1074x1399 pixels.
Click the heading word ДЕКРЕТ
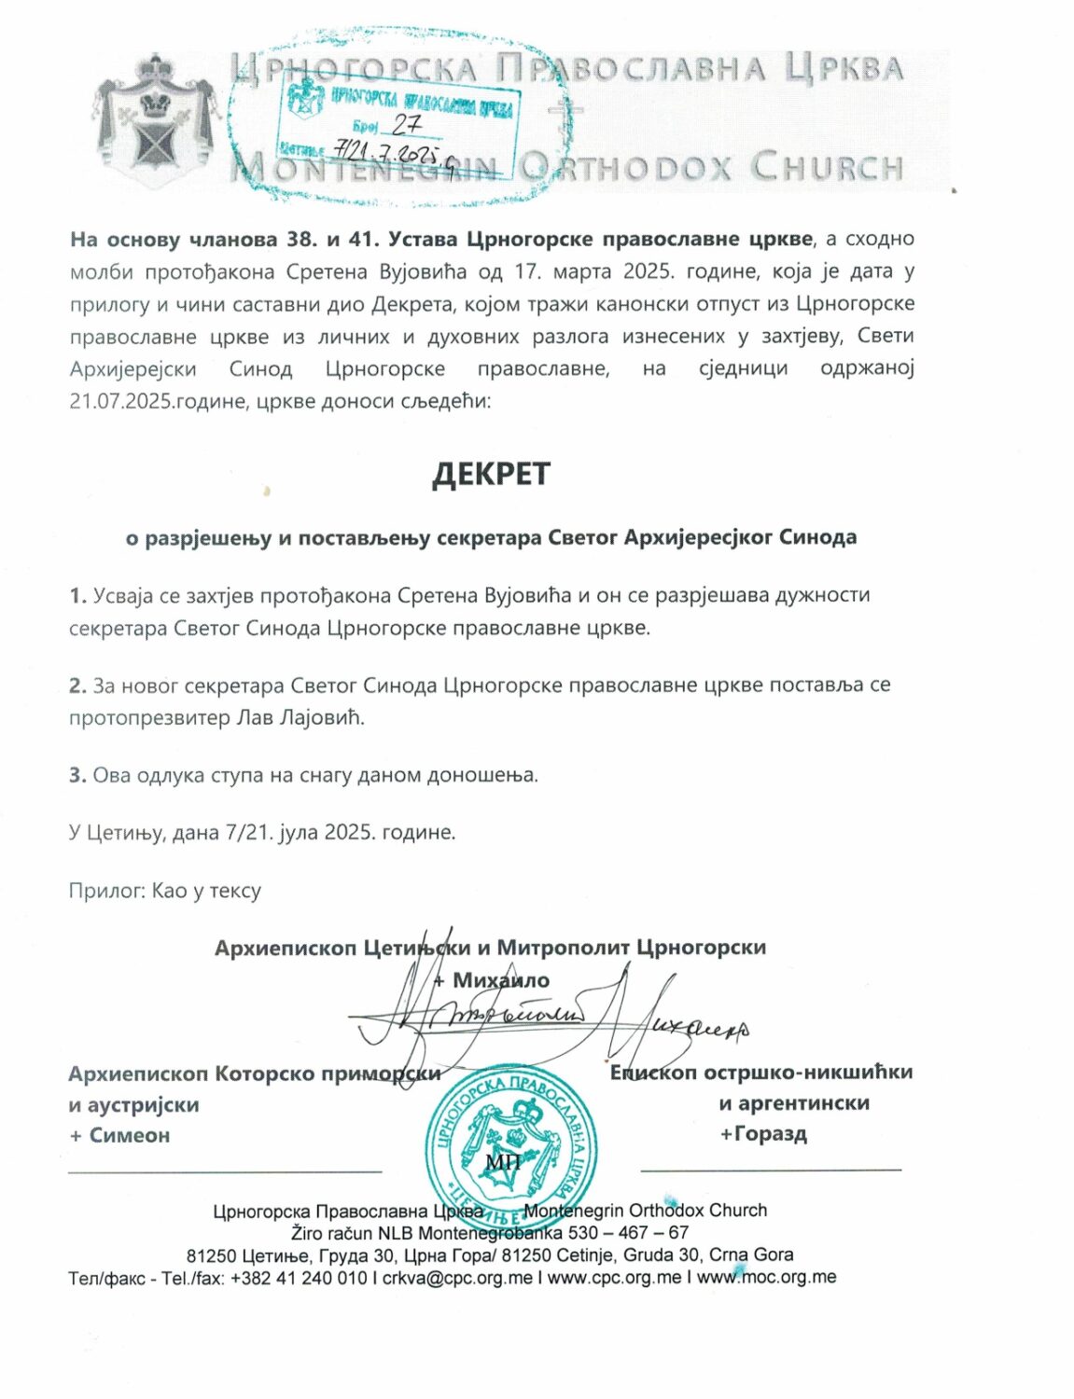[x=491, y=474]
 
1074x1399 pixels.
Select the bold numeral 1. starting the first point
[x=77, y=595]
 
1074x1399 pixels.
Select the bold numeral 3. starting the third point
[x=77, y=775]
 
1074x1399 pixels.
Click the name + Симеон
[x=119, y=1135]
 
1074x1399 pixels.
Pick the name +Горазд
[x=763, y=1133]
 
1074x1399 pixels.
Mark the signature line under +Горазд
[x=771, y=1169]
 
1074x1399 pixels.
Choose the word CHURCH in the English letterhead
[x=827, y=168]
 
